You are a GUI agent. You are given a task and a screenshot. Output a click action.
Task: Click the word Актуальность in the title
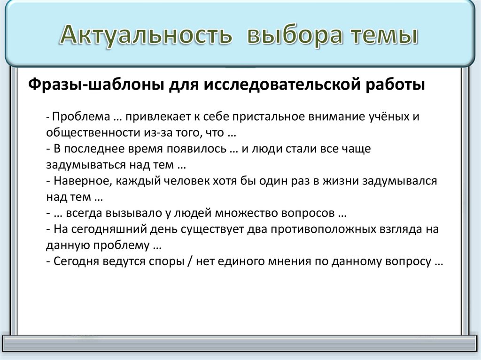click(x=145, y=37)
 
